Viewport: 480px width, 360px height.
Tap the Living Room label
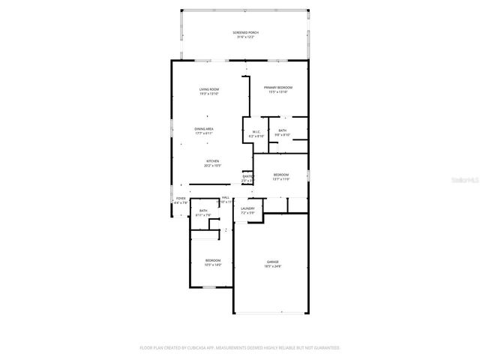pos(209,88)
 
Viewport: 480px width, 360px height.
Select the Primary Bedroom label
pos(277,88)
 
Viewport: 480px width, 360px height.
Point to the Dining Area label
pos(205,129)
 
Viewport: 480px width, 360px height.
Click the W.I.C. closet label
pos(256,132)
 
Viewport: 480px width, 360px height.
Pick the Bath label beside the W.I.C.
pos(282,130)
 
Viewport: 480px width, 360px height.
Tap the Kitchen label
pos(213,161)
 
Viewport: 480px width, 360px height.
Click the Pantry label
pos(247,176)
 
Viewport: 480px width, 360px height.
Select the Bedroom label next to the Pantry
pos(280,175)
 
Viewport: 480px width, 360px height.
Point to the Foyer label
pos(181,198)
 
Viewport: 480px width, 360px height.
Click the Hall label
pos(225,197)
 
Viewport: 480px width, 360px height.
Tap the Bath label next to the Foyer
pos(202,211)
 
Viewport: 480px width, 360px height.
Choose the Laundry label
pos(247,208)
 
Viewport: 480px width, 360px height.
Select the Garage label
pos(271,262)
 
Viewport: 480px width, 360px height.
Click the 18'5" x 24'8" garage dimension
pos(271,266)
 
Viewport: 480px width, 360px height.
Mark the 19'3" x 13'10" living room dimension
pos(209,93)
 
